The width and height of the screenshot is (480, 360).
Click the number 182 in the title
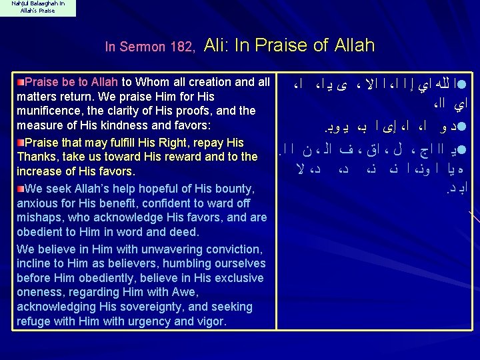coord(181,47)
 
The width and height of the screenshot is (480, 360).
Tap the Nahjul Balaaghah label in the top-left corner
coord(37,7)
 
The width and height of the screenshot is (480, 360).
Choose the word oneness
coord(39,293)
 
